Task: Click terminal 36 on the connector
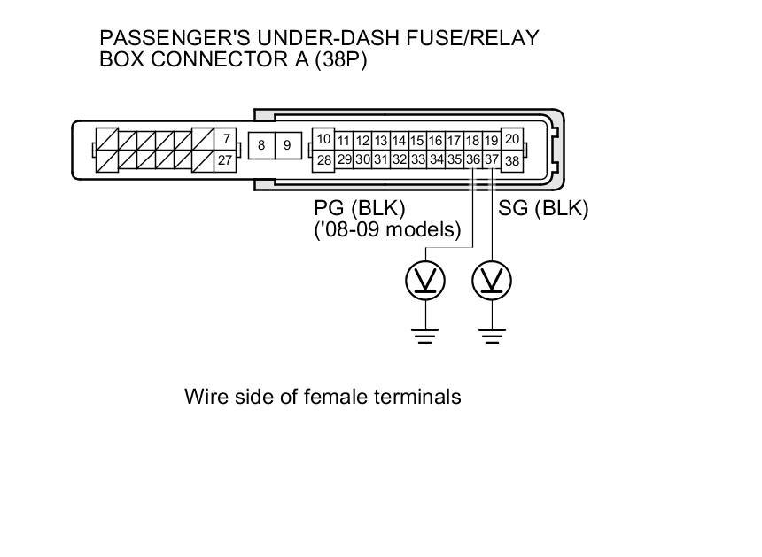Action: (x=473, y=160)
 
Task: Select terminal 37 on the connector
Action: (x=492, y=160)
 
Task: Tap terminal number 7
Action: (x=227, y=139)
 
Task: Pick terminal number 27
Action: (x=226, y=160)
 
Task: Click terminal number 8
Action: (x=261, y=145)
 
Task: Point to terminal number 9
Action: (x=287, y=145)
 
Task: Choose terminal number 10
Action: (x=323, y=139)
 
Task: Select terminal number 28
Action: (x=323, y=160)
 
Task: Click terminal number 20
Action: (x=511, y=139)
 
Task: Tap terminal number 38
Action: (x=511, y=161)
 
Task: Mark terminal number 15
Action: (x=417, y=141)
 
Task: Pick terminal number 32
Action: (x=400, y=160)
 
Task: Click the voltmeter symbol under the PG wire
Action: (x=426, y=281)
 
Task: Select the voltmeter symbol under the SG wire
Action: (x=494, y=281)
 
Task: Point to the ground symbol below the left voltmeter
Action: (x=426, y=334)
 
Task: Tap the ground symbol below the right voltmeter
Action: (x=494, y=334)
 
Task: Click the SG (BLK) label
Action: (x=543, y=208)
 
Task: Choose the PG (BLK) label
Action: (x=359, y=208)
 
